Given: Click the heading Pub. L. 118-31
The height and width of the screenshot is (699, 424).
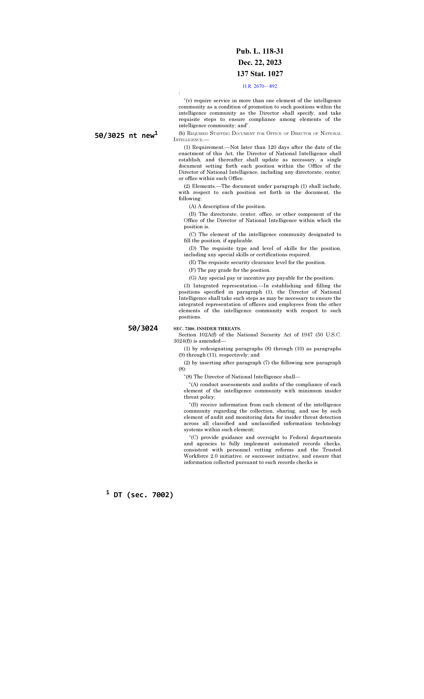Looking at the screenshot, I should tap(260, 51).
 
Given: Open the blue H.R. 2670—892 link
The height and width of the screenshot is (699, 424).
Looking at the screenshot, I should tap(260, 86).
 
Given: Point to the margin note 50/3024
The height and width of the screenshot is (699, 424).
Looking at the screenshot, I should tap(143, 328).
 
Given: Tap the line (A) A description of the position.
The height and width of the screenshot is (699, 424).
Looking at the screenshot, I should tap(227, 207).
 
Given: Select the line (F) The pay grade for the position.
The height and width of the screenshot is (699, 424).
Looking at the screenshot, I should tap(230, 270).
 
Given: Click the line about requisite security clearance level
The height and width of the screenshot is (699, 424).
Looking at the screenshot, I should tap(257, 262).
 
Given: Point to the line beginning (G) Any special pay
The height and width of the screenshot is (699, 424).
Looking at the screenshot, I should tap(261, 278).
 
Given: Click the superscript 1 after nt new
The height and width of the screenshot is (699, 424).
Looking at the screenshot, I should tap(156, 133).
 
